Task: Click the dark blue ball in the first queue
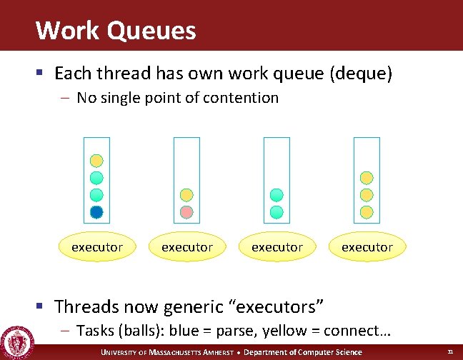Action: click(97, 212)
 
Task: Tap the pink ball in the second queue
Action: click(186, 212)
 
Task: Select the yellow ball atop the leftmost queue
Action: click(97, 161)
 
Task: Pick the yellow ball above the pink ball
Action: click(186, 195)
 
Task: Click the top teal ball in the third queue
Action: click(277, 195)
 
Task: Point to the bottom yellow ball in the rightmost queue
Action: click(367, 212)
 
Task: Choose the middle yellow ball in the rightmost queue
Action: click(367, 195)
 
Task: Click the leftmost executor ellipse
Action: click(97, 247)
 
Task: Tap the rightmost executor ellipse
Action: click(367, 247)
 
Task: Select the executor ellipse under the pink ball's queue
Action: click(186, 247)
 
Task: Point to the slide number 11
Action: click(450, 352)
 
